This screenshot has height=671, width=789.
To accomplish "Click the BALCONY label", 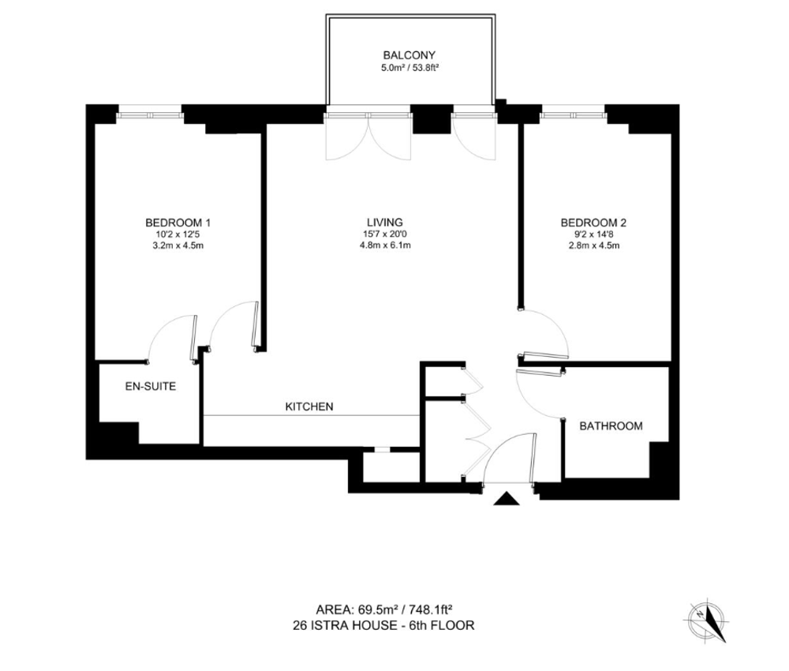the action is [409, 55].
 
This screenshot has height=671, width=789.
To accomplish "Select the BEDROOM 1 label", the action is [178, 223].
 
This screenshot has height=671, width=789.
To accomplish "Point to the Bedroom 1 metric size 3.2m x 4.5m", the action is [178, 246].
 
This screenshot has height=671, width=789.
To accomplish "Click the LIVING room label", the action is [385, 222].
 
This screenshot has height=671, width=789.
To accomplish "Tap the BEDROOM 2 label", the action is [593, 223].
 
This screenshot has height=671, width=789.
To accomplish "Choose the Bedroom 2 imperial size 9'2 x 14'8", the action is [593, 234].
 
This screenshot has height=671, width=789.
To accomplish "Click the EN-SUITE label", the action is [151, 387].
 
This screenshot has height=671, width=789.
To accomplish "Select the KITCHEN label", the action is [309, 407].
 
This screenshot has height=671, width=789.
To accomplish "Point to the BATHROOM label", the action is [611, 426].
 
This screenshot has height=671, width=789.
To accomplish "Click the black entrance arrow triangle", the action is [507, 499].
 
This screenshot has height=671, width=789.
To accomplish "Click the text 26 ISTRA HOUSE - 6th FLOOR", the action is [383, 626].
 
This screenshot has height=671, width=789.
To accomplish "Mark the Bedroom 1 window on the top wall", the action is [149, 115].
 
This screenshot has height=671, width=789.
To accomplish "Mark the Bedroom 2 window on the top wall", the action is [573, 115].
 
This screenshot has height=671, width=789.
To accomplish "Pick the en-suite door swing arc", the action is [161, 326].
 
